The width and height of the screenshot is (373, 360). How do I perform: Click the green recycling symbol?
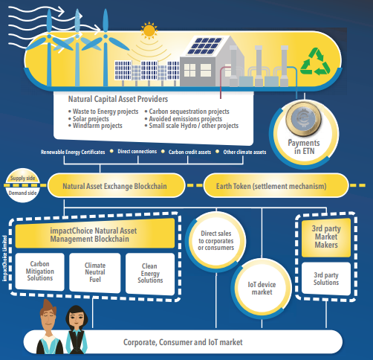pos(315,62)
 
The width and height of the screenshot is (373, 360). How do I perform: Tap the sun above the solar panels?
pos(149,30)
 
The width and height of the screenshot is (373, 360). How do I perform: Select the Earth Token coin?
pos(303,118)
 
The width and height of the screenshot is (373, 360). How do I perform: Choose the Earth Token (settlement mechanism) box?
pos(276,186)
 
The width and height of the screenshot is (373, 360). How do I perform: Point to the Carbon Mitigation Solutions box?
pos(40,271)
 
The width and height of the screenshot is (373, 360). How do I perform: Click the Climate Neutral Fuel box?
pos(95,272)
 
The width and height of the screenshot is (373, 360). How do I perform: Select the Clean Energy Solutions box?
pos(150,273)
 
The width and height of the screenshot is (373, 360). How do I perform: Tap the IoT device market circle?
pos(262,289)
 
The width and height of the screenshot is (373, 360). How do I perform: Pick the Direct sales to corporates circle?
pos(216,240)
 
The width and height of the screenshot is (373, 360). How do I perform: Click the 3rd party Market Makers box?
pos(326,237)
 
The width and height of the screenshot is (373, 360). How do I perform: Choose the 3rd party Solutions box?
pos(326,279)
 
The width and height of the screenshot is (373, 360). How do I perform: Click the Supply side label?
pos(22,178)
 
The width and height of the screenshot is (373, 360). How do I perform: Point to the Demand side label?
pos(22,193)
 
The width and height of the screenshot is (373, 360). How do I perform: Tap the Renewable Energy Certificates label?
pos(73,152)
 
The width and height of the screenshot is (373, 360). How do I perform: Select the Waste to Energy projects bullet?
pos(103,112)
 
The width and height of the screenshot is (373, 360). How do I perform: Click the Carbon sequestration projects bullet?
pos(187,112)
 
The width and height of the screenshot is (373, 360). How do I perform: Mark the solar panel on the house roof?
pos(204,46)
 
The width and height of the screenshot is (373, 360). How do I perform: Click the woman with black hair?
pos(77,330)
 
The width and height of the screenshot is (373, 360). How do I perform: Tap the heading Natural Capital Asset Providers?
pos(118,99)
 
